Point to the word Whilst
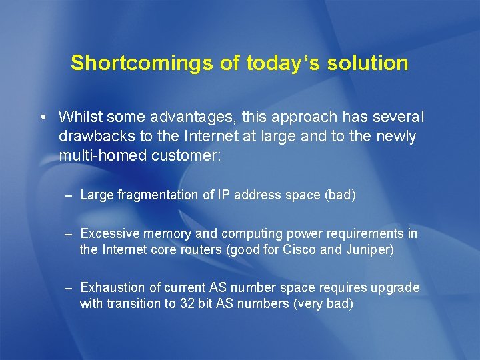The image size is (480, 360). tap(79, 117)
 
